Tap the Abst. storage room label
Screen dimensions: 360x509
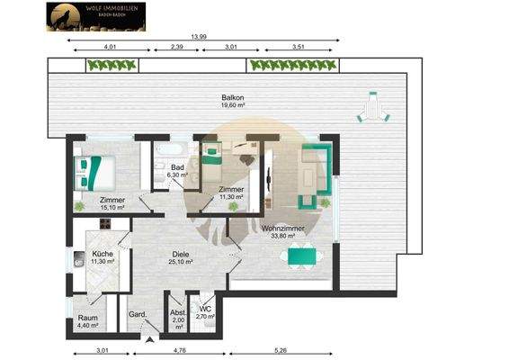pyautogui.click(x=177, y=316)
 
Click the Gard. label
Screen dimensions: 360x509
pyautogui.click(x=138, y=314)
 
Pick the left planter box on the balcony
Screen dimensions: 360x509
pyautogui.click(x=112, y=65)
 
